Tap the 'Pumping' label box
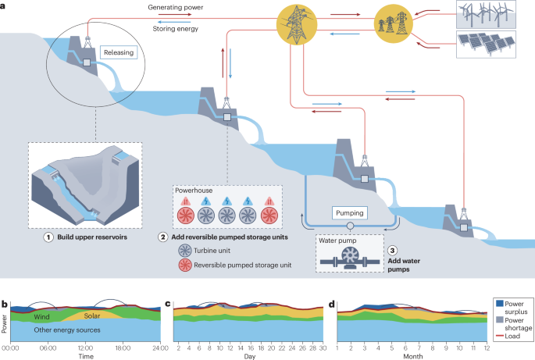click(350, 212)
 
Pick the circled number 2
click(162, 237)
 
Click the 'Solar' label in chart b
click(92, 316)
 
